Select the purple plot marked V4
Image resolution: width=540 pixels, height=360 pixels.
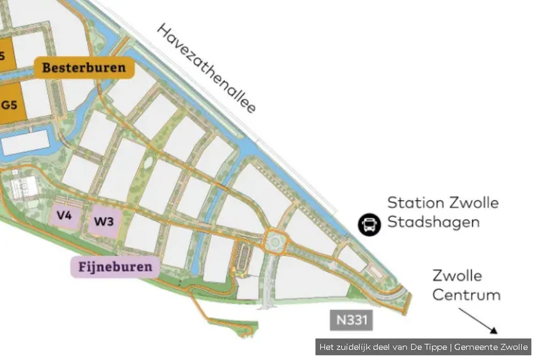64,216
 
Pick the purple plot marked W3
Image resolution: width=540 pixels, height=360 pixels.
104,221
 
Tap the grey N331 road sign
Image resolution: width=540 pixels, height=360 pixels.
350,320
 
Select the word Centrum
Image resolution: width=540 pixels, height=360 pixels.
466,295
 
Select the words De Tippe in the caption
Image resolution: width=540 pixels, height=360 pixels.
430,347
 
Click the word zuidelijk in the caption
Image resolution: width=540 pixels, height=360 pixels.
356,347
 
